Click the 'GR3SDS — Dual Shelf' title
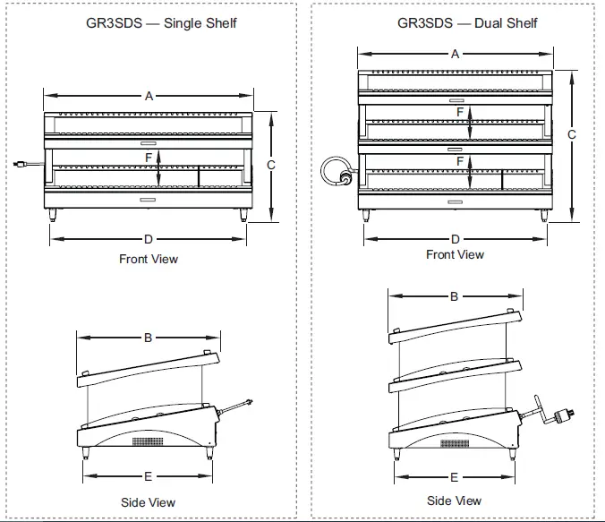click(x=467, y=22)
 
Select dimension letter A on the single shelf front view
click(x=149, y=96)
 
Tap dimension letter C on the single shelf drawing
click(x=271, y=165)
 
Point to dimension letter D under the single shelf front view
click(x=149, y=239)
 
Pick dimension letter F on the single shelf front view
click(x=149, y=157)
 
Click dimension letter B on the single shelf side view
click(x=149, y=338)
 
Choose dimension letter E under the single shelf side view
click(x=149, y=476)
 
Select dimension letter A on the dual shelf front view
click(x=455, y=55)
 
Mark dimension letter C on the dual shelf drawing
click(x=571, y=134)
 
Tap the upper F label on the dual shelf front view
click(x=460, y=112)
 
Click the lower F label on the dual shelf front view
click(x=460, y=161)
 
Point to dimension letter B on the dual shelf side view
click(x=454, y=296)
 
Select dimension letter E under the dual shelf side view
click(x=455, y=477)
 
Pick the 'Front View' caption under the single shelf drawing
click(x=149, y=260)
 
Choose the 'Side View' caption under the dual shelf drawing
click(x=454, y=501)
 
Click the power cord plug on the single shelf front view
click(x=19, y=164)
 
